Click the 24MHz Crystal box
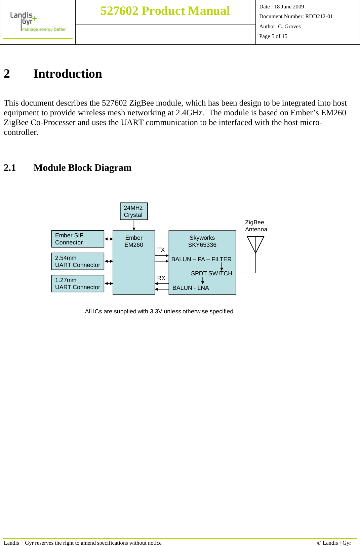tap(134, 211)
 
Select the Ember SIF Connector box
tap(78, 239)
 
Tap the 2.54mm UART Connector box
tap(78, 261)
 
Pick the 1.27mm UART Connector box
tap(78, 283)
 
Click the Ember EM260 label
tap(134, 241)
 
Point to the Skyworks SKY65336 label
tap(202, 241)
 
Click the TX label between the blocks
tap(161, 250)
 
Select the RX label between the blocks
tap(161, 278)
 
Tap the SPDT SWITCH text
tap(211, 273)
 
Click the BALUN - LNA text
tap(191, 288)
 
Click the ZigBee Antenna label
tap(256, 226)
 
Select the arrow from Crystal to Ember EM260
tap(134, 225)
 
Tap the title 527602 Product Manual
tap(165, 11)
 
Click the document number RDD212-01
tap(319, 16)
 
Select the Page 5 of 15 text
tap(273, 36)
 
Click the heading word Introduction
tap(68, 74)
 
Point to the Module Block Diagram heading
tap(82, 167)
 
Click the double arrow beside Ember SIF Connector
tap(109, 239)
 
